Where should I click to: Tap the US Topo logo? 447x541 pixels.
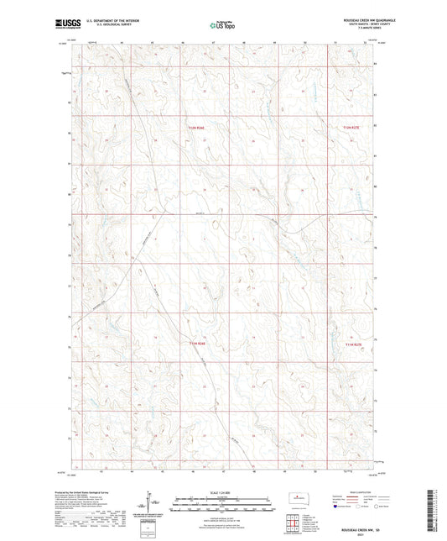point(222,26)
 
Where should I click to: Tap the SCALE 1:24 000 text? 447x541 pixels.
point(222,492)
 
